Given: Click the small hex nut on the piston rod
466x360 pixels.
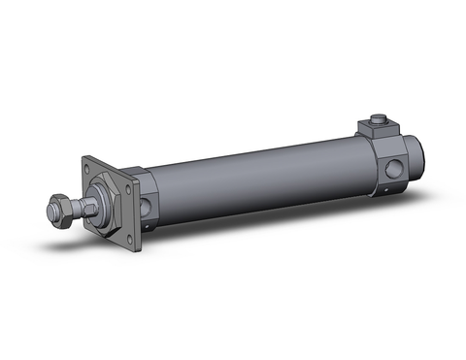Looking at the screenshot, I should click(60, 208).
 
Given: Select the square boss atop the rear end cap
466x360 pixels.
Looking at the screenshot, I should click(376, 127).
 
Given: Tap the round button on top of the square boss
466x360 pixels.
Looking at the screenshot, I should click(379, 120).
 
